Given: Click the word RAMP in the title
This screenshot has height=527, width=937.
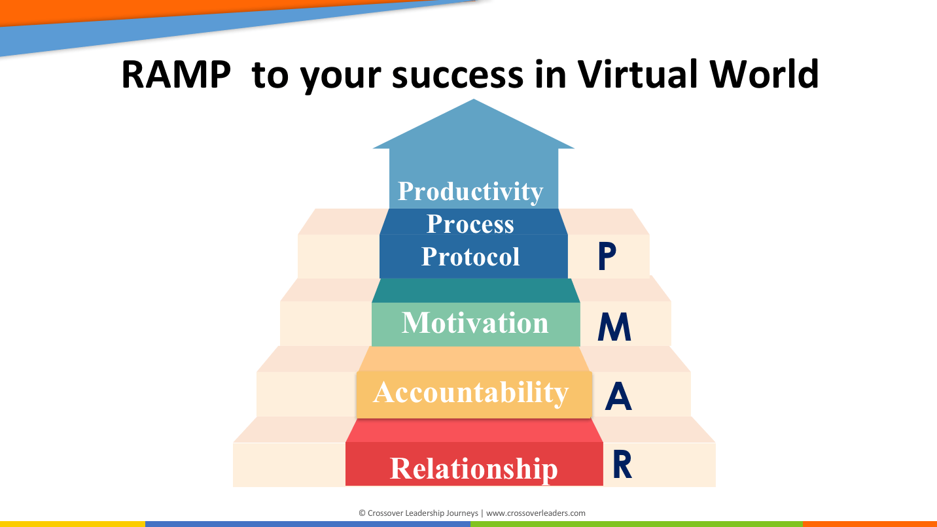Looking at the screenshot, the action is (176, 75).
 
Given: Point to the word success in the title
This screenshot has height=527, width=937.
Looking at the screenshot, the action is (457, 75).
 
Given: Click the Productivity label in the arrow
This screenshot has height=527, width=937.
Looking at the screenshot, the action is (470, 192).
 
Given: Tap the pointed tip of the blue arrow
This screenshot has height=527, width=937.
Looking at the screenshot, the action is (474, 99).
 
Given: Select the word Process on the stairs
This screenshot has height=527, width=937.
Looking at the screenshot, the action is (470, 224).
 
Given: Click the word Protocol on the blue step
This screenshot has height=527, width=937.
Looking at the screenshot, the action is (470, 256).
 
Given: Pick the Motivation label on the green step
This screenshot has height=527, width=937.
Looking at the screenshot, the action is (475, 322).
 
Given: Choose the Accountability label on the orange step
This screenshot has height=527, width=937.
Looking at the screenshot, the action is (470, 392).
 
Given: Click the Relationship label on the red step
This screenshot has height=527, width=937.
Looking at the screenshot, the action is (474, 468).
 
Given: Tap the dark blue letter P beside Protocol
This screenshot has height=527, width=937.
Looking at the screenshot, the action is (607, 256).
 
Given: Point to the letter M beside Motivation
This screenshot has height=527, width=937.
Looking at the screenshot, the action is (614, 326).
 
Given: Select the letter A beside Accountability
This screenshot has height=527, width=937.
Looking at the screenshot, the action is (618, 396).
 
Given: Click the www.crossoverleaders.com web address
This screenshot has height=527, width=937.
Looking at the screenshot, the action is (535, 513).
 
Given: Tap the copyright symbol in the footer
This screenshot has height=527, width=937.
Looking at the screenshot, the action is (362, 513).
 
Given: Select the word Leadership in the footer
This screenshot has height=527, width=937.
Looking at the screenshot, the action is (421, 513).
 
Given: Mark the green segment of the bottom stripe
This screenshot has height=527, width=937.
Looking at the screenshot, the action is (637, 524).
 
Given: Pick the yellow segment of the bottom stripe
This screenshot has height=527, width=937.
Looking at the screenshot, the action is (73, 524).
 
